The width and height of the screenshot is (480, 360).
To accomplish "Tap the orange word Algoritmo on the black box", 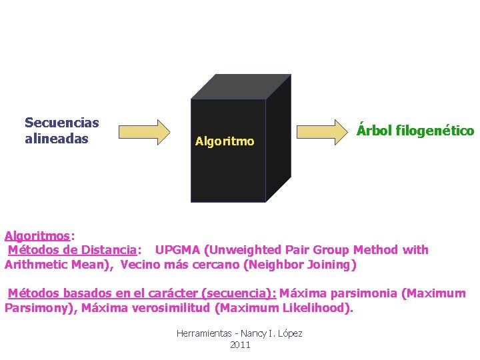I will click(x=224, y=141).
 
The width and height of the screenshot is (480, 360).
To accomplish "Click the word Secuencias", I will click(x=61, y=123).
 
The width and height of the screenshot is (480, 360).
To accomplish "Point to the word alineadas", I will click(x=56, y=139).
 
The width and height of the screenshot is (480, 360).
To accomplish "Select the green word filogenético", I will click(x=434, y=130).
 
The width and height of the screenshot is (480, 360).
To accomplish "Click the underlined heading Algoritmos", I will click(x=37, y=235).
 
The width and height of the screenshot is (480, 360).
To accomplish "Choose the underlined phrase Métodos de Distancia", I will click(x=72, y=250).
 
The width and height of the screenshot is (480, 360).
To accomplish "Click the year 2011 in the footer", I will click(x=239, y=345).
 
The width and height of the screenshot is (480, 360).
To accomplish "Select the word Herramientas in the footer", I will click(x=203, y=333).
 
